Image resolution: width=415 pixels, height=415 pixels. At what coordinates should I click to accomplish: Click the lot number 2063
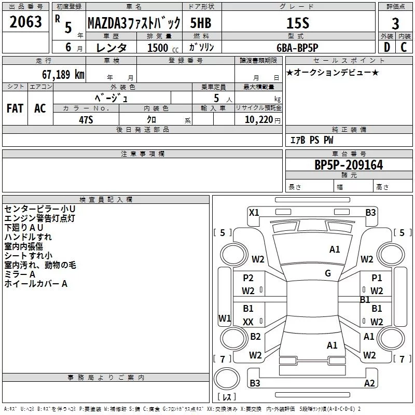(x=25, y=22)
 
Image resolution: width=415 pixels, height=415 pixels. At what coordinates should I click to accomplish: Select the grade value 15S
(x=298, y=23)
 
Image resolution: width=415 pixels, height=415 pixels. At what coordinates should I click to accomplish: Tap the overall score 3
(x=395, y=23)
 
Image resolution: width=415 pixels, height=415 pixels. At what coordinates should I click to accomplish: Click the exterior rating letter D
(x=387, y=47)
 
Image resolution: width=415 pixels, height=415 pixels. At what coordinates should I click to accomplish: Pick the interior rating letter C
(x=404, y=47)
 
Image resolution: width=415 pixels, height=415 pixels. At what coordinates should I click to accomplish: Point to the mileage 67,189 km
(x=63, y=74)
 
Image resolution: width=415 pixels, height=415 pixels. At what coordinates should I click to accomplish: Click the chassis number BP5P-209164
(x=349, y=165)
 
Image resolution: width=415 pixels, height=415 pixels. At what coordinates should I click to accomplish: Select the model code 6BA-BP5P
(x=297, y=48)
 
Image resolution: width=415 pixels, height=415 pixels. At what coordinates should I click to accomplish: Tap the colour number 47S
(x=86, y=120)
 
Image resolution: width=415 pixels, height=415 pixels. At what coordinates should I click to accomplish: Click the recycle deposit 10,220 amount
(x=259, y=120)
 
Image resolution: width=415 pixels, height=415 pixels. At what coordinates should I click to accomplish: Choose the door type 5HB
(x=201, y=23)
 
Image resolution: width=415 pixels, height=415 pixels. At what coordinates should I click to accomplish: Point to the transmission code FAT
(x=15, y=108)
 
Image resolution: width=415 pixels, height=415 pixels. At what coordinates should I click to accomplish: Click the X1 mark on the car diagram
(x=254, y=212)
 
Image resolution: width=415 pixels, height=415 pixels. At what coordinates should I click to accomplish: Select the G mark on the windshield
(x=328, y=273)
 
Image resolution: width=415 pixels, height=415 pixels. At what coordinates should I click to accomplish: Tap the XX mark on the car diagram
(x=248, y=322)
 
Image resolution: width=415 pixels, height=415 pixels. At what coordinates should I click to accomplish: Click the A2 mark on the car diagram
(x=369, y=383)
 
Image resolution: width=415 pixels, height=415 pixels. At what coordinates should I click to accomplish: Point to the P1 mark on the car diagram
(x=377, y=278)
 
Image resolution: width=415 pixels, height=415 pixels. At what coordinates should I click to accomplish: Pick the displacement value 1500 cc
(x=163, y=48)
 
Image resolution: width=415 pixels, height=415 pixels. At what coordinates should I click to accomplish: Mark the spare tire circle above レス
(x=227, y=379)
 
